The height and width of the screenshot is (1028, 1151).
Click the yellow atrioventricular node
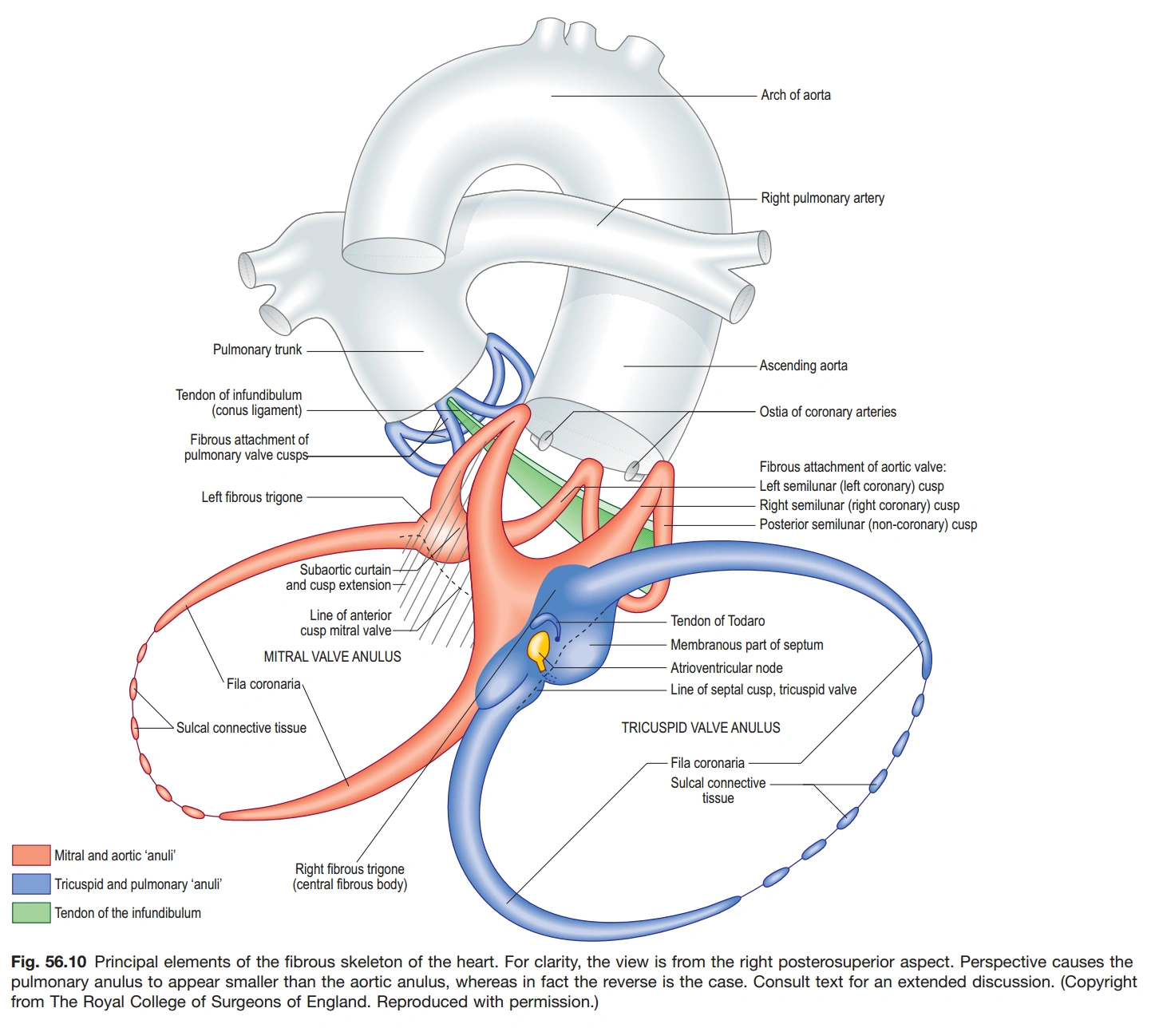tap(539, 647)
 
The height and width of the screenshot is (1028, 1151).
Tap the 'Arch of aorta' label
tap(795, 95)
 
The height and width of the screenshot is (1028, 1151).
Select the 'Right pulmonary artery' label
tap(822, 198)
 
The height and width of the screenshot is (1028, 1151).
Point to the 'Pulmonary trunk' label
tap(257, 350)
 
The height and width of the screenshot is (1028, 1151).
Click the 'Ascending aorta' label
tap(803, 366)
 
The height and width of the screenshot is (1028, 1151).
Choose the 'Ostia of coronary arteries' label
tap(827, 412)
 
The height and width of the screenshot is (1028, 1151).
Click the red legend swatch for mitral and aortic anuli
tap(31, 855)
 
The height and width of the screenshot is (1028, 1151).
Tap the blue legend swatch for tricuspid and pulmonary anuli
tap(31, 884)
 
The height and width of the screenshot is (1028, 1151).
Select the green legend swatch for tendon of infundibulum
tap(31, 912)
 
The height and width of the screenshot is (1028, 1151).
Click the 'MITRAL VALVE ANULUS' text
tap(332, 657)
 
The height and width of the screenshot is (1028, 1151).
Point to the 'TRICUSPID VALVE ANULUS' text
tap(701, 728)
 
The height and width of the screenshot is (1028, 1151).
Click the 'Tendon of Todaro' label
tap(717, 621)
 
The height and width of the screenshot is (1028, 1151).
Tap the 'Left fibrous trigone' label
tap(251, 497)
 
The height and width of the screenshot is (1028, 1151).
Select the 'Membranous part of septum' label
tap(746, 645)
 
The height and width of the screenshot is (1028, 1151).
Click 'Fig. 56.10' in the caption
tap(49, 962)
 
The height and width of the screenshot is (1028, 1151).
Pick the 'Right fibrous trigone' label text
tap(350, 869)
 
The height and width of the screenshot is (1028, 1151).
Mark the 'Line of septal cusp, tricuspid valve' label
tap(763, 690)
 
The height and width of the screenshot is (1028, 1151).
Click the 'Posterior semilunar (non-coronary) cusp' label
tap(868, 524)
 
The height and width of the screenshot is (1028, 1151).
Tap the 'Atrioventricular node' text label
tap(726, 668)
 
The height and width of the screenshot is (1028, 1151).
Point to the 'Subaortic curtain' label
tap(345, 570)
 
